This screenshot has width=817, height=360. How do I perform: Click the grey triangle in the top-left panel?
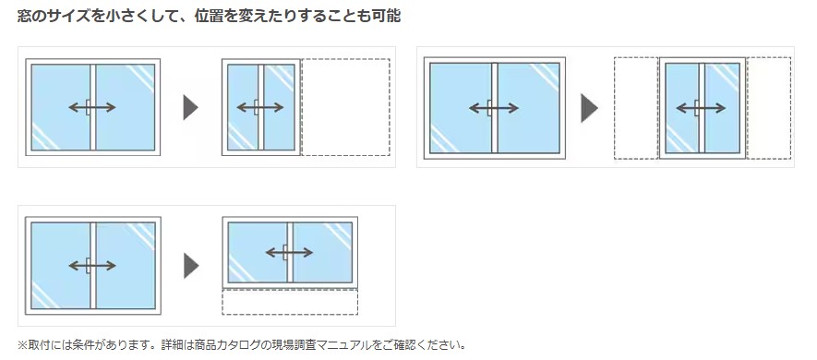(191, 107)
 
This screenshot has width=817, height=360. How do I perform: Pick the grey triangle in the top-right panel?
(589, 108)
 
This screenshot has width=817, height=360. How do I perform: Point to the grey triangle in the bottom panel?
(191, 266)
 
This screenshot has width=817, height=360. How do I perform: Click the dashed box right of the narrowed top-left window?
(346, 107)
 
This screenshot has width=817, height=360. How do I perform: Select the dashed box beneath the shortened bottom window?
(290, 302)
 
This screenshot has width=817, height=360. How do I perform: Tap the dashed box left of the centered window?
(636, 108)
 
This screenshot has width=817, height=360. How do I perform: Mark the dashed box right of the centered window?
(769, 108)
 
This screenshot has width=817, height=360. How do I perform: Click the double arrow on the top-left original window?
(92, 107)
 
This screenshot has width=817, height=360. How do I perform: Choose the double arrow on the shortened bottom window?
(289, 253)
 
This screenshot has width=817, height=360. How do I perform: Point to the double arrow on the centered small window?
(701, 108)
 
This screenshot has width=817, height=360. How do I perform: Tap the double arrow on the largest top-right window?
(494, 108)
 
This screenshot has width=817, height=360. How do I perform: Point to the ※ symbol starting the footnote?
(22, 345)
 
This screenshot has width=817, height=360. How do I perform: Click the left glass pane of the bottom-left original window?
(60, 266)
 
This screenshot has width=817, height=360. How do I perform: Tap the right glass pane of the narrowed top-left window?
(280, 107)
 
